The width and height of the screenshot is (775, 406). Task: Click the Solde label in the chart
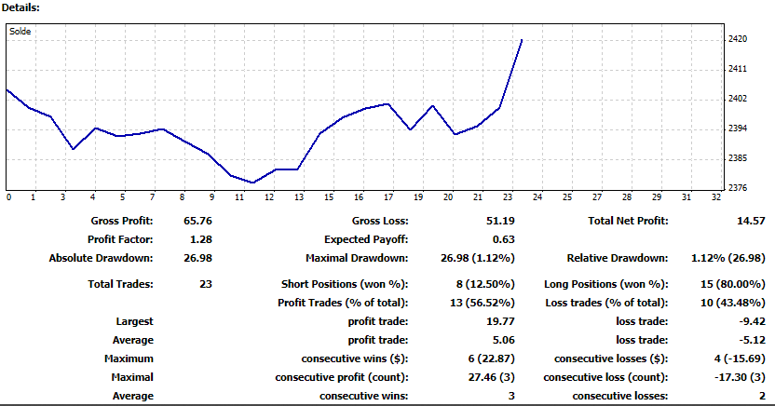tap(20, 31)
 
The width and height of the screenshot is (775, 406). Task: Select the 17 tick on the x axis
tap(387, 196)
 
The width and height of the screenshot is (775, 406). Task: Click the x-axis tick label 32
tap(714, 196)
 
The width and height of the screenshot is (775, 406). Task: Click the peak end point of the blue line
tap(522, 40)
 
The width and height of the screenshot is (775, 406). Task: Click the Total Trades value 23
tap(207, 283)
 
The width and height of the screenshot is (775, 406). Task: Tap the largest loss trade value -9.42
tap(750, 321)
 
